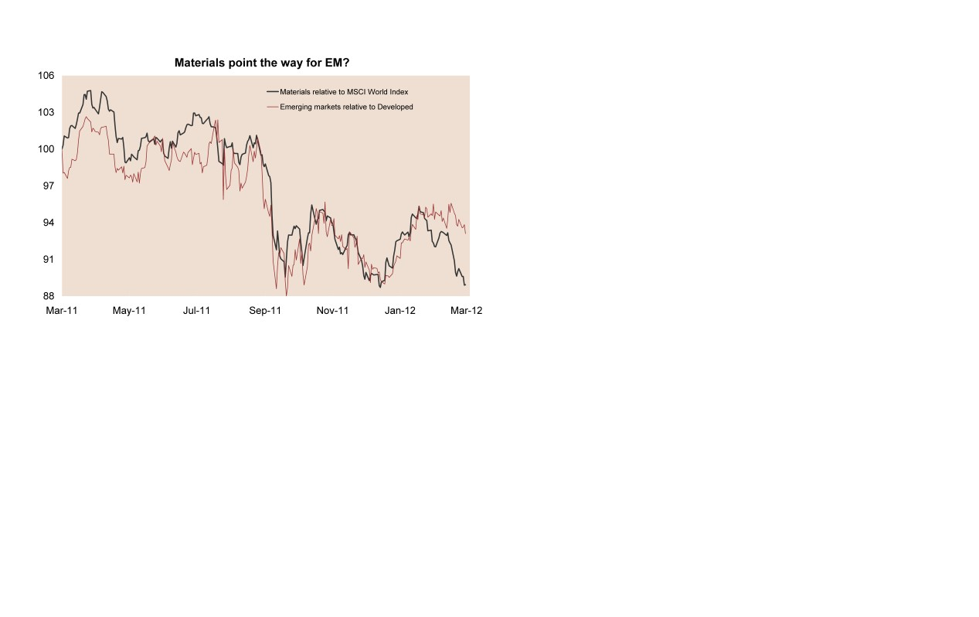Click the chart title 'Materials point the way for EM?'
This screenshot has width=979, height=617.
(262, 63)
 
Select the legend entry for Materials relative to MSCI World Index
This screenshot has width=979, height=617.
(343, 92)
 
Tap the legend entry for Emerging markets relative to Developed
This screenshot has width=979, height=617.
(345, 107)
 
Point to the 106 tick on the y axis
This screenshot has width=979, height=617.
(46, 76)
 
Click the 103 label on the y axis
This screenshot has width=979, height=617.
(46, 112)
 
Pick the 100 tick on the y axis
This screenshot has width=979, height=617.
(46, 149)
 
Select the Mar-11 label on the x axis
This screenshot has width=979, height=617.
(62, 311)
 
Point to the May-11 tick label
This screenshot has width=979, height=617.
(129, 311)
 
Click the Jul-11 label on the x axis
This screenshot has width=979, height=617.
(197, 311)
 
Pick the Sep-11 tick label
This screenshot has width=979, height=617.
(265, 311)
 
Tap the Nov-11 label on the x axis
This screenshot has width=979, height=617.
(332, 311)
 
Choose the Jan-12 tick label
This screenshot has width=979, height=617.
(400, 311)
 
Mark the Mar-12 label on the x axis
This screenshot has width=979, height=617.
(466, 311)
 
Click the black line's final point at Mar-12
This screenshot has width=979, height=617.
(465, 285)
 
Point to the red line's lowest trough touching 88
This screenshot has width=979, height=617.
(287, 295)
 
